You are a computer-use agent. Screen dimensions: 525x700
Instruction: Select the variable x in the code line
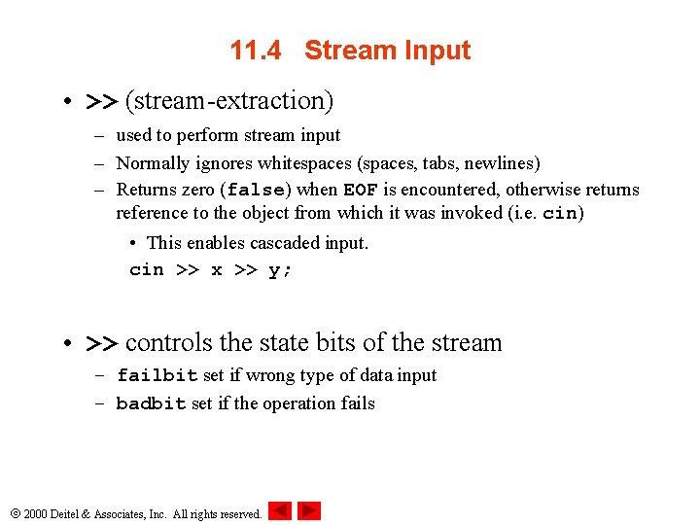click(x=216, y=270)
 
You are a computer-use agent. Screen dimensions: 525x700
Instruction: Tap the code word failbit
click(x=157, y=375)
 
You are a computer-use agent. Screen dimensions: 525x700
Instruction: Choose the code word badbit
click(x=151, y=403)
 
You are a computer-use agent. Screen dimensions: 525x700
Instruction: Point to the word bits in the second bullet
click(x=336, y=342)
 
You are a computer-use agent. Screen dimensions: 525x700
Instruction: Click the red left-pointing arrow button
click(x=280, y=510)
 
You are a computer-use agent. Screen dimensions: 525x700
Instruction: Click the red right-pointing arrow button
click(x=309, y=510)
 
